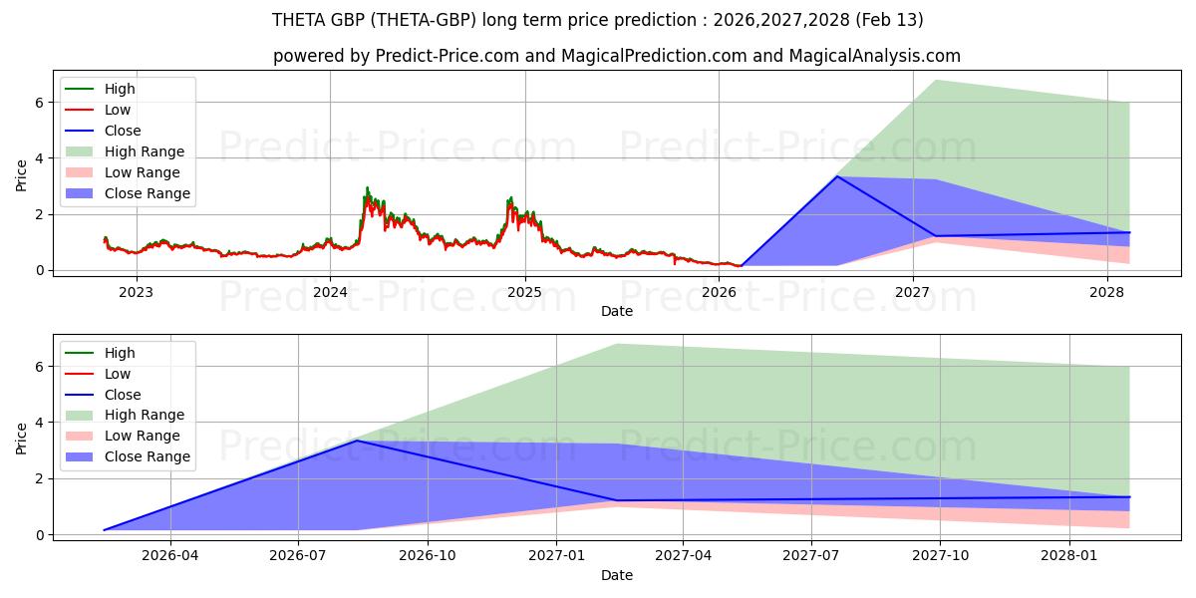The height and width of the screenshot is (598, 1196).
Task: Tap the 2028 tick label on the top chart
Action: point(1106,292)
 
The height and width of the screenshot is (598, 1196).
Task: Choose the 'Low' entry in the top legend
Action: point(119,110)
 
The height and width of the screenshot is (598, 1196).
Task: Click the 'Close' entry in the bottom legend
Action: point(123,395)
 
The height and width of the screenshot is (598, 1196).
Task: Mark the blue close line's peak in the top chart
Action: point(837,176)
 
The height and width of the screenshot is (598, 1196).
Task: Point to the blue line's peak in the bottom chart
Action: point(357,441)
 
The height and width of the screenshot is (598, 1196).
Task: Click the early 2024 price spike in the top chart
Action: point(367,187)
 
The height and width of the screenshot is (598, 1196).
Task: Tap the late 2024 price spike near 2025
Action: point(511,198)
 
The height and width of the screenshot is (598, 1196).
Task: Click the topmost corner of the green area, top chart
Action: point(936,80)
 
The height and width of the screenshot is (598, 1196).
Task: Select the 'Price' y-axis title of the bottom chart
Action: point(22,438)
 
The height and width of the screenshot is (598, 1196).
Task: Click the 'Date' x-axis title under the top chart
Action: point(617,312)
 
